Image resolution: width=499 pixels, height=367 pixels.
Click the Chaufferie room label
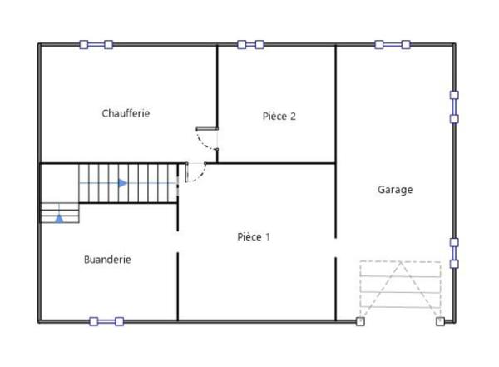(126, 113)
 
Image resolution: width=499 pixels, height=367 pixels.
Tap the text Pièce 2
(279, 117)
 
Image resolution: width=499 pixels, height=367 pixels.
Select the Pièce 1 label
(254, 237)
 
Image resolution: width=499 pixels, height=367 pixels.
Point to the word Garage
(395, 190)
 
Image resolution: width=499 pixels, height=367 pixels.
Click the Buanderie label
(107, 260)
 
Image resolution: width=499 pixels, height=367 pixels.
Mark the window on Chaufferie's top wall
(96, 44)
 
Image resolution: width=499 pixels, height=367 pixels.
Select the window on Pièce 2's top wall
(250, 44)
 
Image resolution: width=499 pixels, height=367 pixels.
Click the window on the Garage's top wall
(392, 44)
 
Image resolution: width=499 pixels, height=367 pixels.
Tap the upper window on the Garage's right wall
(454, 107)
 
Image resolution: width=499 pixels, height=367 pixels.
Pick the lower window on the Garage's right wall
(454, 253)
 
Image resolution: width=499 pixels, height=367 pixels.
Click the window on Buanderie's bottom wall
(106, 321)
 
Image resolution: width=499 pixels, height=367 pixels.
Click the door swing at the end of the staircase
(195, 172)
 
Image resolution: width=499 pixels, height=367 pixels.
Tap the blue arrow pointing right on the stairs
(122, 183)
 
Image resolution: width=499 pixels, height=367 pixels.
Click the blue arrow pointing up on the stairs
(59, 218)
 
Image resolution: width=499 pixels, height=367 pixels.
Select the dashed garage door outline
(400, 288)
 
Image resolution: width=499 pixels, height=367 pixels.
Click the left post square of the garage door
(360, 320)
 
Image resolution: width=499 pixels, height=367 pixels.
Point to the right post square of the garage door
(440, 320)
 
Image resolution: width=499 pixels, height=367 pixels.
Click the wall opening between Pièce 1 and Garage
(336, 247)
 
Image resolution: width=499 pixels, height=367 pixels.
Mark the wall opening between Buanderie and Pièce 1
(178, 242)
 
